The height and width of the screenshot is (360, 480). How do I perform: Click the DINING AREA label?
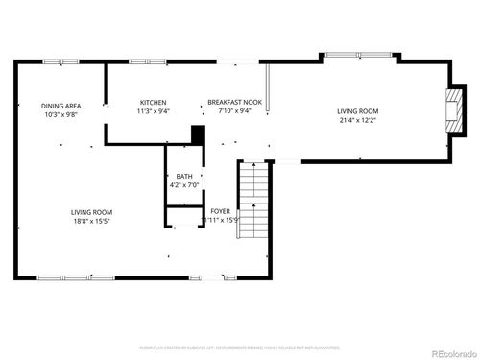click(x=59, y=106)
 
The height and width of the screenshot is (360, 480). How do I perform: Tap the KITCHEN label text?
click(x=154, y=103)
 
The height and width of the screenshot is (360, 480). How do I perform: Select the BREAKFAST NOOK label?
click(x=235, y=103)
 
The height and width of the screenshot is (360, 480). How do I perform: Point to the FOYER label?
click(x=220, y=211)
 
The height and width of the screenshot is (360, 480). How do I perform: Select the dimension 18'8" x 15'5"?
click(x=91, y=221)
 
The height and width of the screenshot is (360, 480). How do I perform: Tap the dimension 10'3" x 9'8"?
click(x=59, y=114)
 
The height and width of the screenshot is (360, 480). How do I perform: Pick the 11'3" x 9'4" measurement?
click(x=154, y=111)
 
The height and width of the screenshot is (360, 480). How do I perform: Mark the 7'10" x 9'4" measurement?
click(x=235, y=111)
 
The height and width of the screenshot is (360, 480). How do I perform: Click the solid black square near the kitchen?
click(x=199, y=136)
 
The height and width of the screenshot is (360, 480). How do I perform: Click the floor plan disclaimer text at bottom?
click(x=239, y=347)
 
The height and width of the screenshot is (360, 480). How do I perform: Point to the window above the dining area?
click(x=60, y=62)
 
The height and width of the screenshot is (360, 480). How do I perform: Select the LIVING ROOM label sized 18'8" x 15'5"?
click(x=91, y=212)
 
